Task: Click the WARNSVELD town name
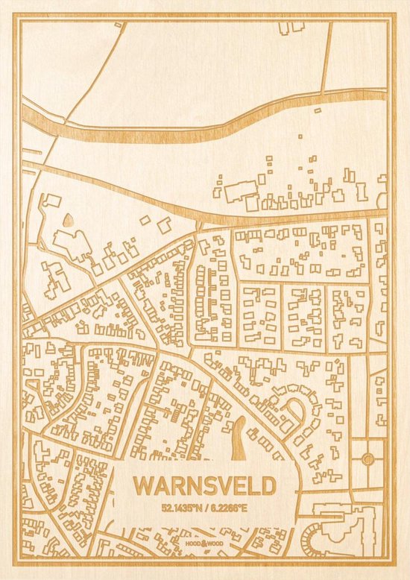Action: (204, 485)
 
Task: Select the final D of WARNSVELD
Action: (268, 485)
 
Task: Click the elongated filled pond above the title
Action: (239, 438)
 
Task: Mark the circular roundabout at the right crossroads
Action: (367, 459)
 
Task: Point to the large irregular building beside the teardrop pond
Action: (72, 243)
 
